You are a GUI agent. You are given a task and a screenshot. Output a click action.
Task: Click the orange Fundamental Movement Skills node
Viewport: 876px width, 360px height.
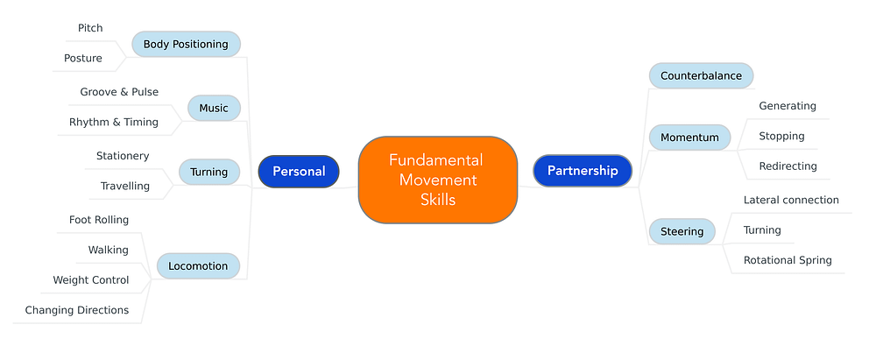pyautogui.click(x=438, y=180)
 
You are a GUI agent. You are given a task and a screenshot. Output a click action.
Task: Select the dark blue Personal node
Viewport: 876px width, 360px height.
pyautogui.click(x=299, y=172)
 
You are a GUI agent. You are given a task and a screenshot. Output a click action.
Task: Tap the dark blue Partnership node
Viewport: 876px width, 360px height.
pyautogui.click(x=583, y=171)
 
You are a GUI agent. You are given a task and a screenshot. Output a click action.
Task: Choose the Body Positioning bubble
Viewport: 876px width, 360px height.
pyautogui.click(x=186, y=44)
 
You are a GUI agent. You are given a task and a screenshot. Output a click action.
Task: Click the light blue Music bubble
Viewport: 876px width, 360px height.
pyautogui.click(x=214, y=108)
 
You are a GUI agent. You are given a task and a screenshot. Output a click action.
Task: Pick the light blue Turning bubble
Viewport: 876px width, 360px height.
pyautogui.click(x=209, y=172)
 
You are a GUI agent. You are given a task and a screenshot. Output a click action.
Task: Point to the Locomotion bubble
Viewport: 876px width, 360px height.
pyautogui.click(x=198, y=266)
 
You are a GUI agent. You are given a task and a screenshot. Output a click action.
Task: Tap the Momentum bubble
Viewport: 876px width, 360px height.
pyautogui.click(x=690, y=138)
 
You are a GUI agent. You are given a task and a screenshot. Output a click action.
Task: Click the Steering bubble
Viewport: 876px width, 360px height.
pyautogui.click(x=682, y=231)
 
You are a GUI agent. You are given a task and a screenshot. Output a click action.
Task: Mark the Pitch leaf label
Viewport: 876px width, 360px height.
pyautogui.click(x=90, y=28)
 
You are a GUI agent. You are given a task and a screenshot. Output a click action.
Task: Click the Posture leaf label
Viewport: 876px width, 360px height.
pyautogui.click(x=83, y=58)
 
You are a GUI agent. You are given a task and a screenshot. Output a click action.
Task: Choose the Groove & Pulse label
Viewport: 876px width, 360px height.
pyautogui.click(x=119, y=92)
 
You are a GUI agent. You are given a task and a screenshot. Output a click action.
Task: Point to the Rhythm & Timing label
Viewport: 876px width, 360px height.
pyautogui.click(x=114, y=122)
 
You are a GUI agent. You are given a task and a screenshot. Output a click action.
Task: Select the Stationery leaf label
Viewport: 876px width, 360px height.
pyautogui.click(x=123, y=156)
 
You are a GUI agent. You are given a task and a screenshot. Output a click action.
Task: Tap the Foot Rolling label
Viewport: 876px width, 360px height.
pyautogui.click(x=99, y=220)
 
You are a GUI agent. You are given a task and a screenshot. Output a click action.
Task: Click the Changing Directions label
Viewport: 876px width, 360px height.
pyautogui.click(x=77, y=310)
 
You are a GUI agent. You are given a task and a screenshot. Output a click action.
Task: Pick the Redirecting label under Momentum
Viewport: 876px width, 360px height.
pyautogui.click(x=788, y=166)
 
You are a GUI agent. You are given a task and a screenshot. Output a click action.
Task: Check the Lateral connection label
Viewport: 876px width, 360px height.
pyautogui.click(x=791, y=200)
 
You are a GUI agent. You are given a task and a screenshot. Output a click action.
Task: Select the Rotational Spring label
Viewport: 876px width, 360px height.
pyautogui.click(x=788, y=260)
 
